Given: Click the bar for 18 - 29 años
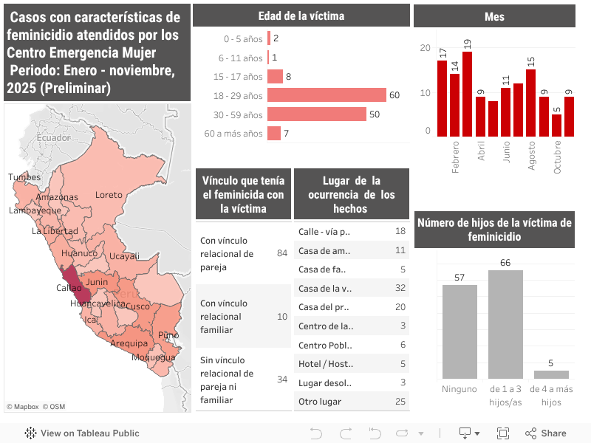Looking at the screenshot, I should tap(327, 95).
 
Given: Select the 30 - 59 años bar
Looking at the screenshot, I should tap(317, 114).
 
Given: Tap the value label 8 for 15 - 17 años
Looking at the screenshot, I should tap(288, 77).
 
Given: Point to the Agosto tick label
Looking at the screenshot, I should tap(531, 156).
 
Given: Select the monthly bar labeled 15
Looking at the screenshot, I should tap(530, 103).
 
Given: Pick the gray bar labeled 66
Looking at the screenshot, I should tap(505, 324).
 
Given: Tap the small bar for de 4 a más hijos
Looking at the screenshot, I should tap(551, 374).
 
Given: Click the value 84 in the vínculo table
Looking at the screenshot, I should tap(281, 253).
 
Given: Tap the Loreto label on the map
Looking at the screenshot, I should tap(109, 195).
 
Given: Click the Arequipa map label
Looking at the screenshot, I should tap(129, 343).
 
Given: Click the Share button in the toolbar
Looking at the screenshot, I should tap(546, 433).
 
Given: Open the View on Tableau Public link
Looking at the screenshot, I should tap(82, 433).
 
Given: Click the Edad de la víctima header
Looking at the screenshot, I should tap(301, 16).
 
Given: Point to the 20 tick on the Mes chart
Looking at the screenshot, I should tap(424, 48).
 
